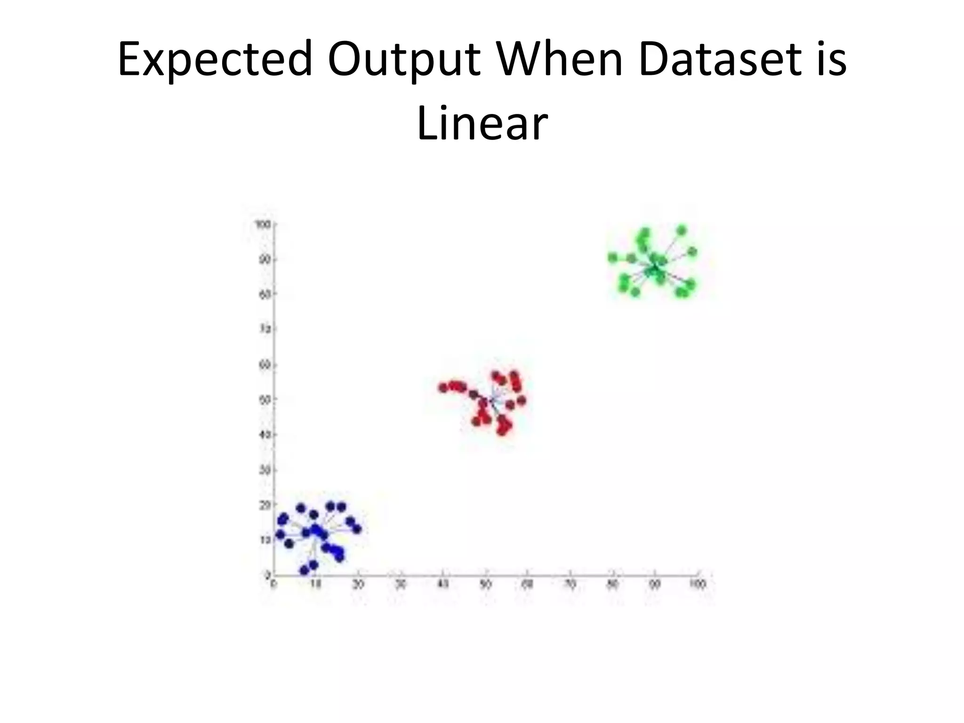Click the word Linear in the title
click(x=482, y=123)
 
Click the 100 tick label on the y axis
click(x=263, y=224)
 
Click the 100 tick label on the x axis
click(x=698, y=584)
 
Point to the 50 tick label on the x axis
click(x=485, y=584)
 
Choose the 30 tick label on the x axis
click(x=401, y=584)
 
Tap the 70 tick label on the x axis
click(x=570, y=584)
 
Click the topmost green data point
click(x=682, y=230)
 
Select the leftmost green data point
click(x=612, y=257)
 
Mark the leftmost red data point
click(x=443, y=388)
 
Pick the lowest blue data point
click(x=304, y=570)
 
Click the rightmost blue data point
click(x=357, y=529)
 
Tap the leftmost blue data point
click(x=280, y=534)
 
